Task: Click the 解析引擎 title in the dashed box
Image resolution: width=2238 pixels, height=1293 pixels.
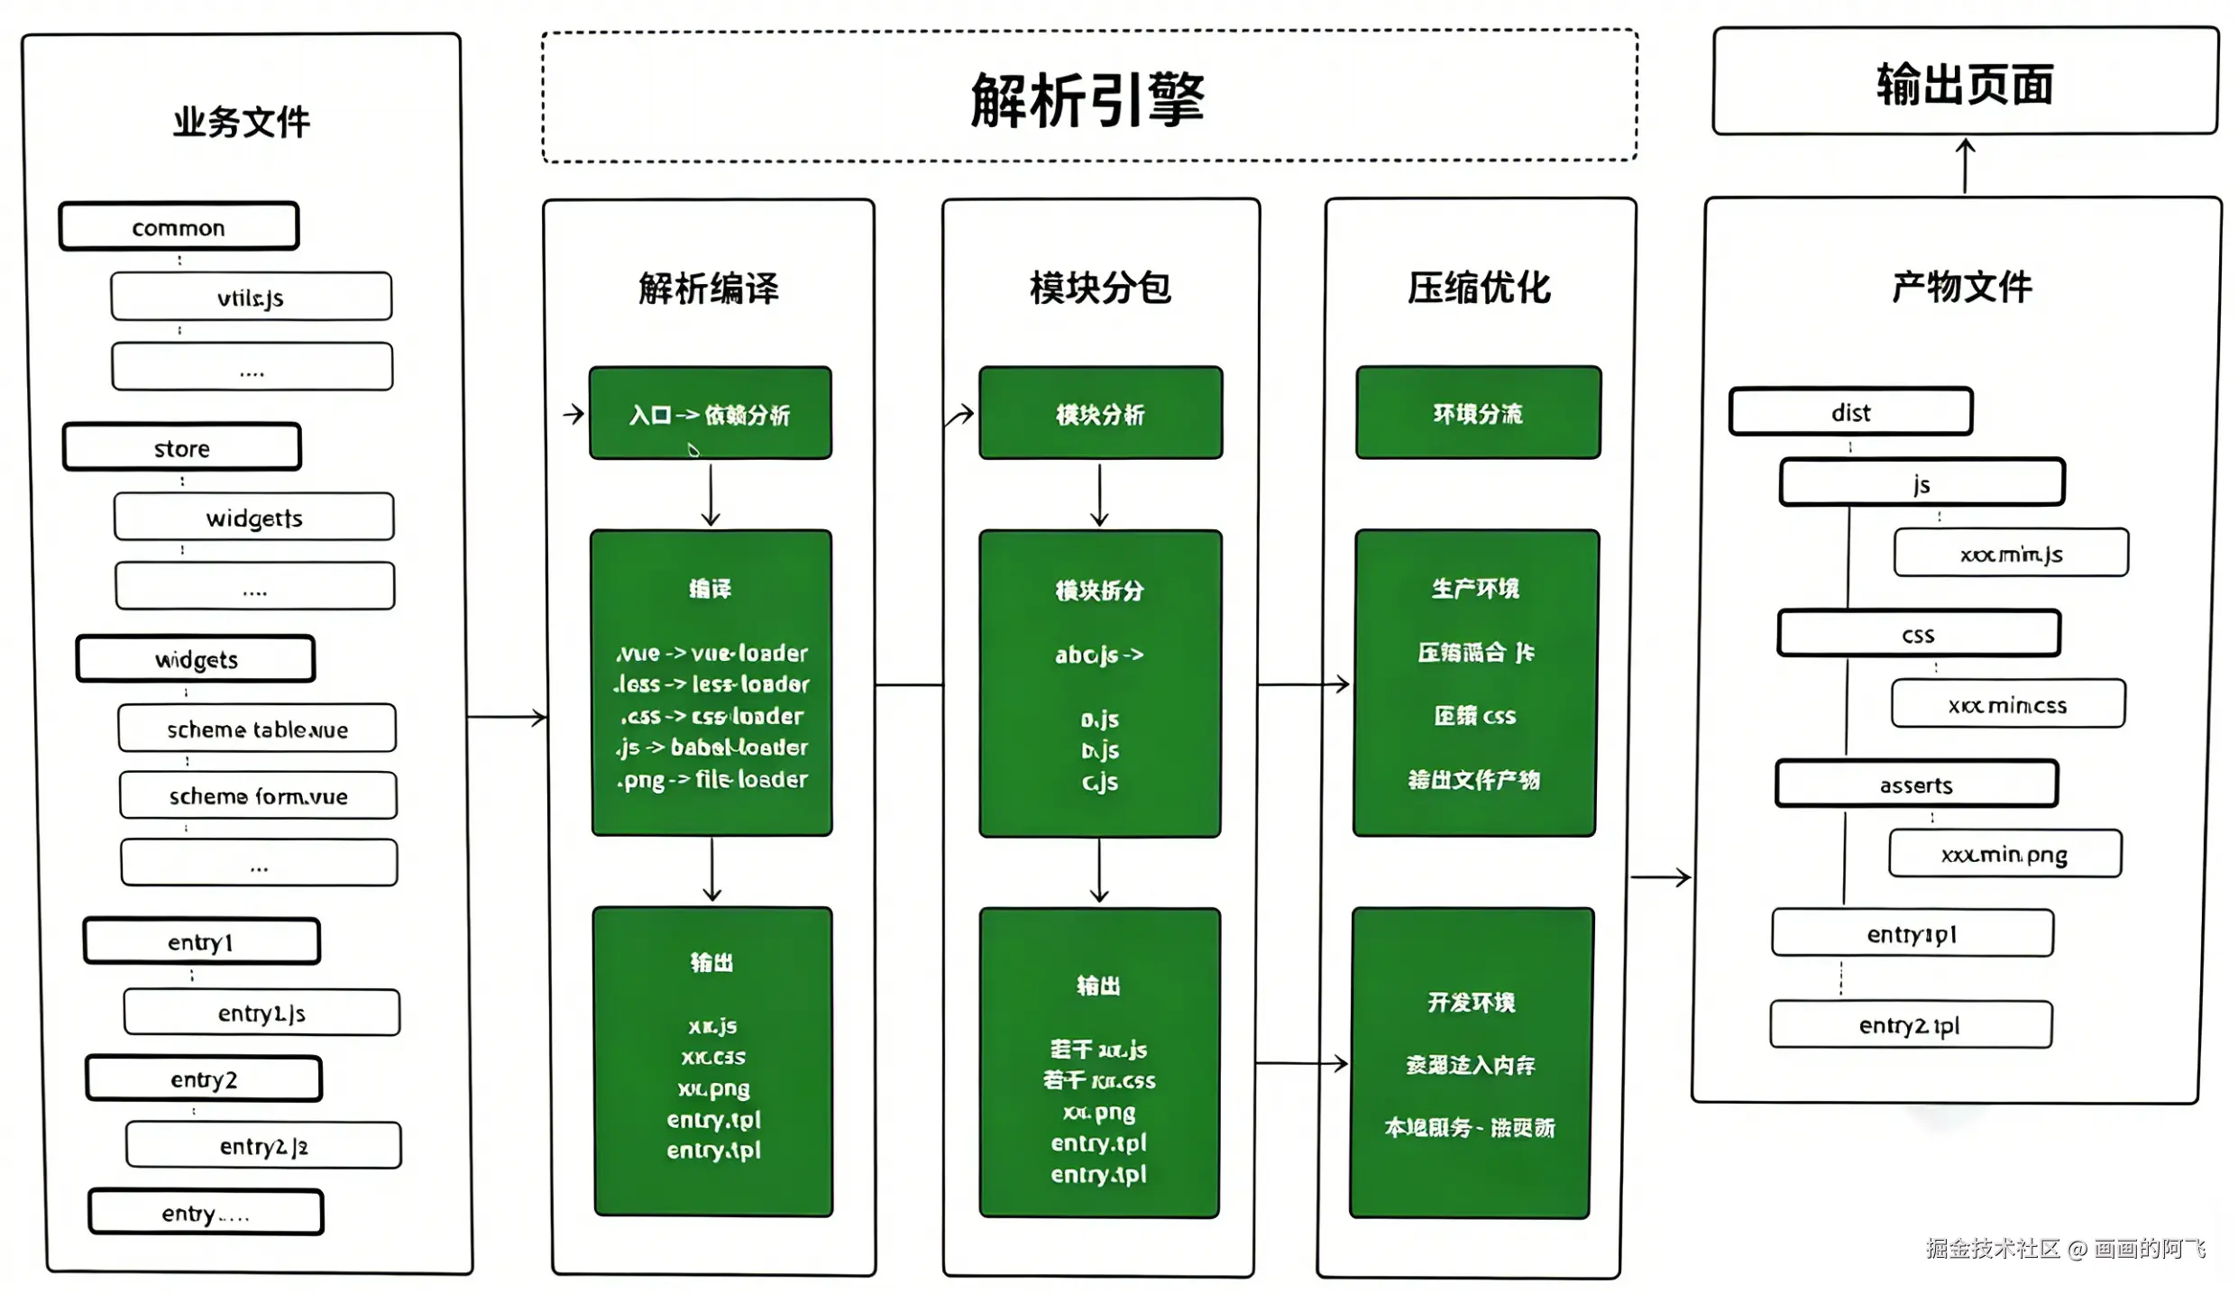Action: pos(1087,99)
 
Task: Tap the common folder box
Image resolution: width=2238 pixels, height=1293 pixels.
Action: pos(179,227)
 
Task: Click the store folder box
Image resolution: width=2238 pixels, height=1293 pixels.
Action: pos(181,448)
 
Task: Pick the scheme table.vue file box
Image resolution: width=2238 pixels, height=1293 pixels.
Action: pos(257,729)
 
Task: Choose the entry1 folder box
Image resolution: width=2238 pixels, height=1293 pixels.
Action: pos(201,942)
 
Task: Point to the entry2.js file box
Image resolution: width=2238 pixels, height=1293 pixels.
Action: pos(263,1146)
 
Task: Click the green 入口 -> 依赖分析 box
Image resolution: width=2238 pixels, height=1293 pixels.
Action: pos(710,414)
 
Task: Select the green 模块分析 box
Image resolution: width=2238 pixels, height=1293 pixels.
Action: pos(1100,414)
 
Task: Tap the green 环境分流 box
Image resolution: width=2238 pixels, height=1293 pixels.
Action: pos(1478,413)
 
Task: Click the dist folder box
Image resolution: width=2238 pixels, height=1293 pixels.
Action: pos(1850,412)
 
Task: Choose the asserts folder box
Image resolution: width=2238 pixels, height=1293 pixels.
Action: pos(1916,784)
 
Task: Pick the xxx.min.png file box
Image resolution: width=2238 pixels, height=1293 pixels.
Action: pos(2004,854)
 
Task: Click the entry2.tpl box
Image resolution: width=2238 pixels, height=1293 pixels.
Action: pos(1910,1025)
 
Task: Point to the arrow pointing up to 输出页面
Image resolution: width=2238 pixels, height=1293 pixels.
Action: pos(1966,165)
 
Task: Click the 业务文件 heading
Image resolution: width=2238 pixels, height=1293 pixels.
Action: pos(241,122)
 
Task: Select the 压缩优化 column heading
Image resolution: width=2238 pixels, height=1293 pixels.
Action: pos(1479,288)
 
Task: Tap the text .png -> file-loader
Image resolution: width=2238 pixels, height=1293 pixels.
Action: pos(712,779)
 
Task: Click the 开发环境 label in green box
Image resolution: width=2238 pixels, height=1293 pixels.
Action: pos(1471,1002)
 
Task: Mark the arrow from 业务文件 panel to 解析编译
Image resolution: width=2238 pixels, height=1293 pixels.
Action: pos(507,718)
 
